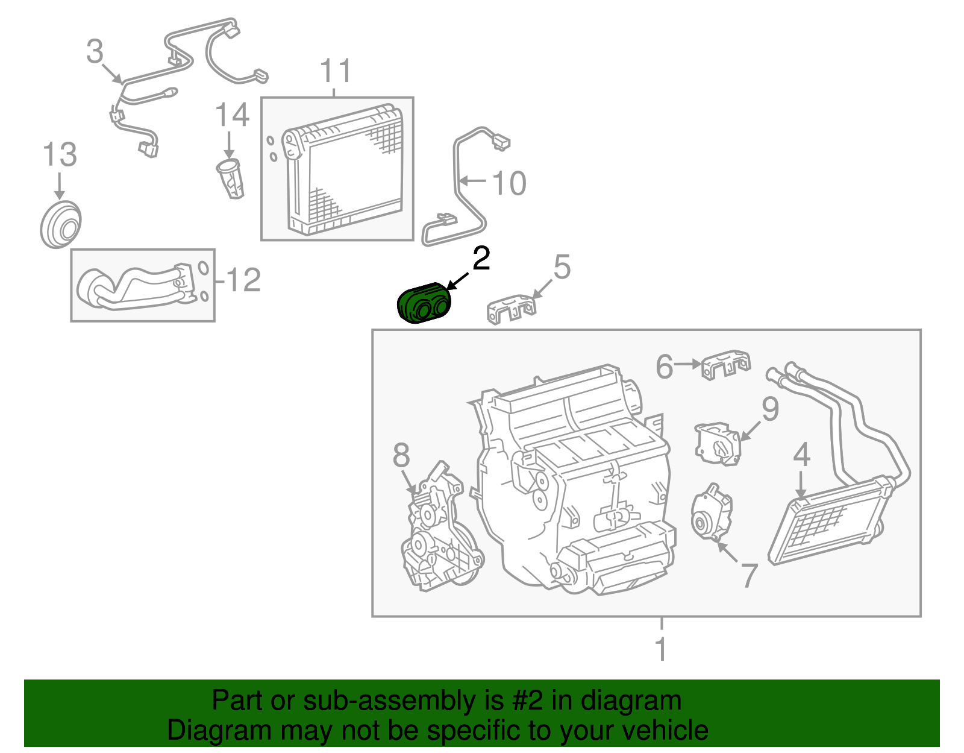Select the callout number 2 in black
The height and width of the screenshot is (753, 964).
(481, 259)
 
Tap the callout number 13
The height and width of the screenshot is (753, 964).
(60, 155)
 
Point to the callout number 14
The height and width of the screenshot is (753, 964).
(232, 115)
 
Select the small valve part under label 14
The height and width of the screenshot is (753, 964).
(231, 178)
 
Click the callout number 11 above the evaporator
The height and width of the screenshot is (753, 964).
(335, 72)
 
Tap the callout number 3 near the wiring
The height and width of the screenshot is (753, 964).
(95, 52)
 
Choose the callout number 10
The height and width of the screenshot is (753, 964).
(509, 183)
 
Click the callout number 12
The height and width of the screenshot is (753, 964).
(243, 280)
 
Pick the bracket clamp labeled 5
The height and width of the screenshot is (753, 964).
(511, 309)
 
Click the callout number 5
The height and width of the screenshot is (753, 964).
(562, 267)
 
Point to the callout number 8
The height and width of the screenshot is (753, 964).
(401, 456)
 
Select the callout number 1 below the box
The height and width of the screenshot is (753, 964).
(661, 650)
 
